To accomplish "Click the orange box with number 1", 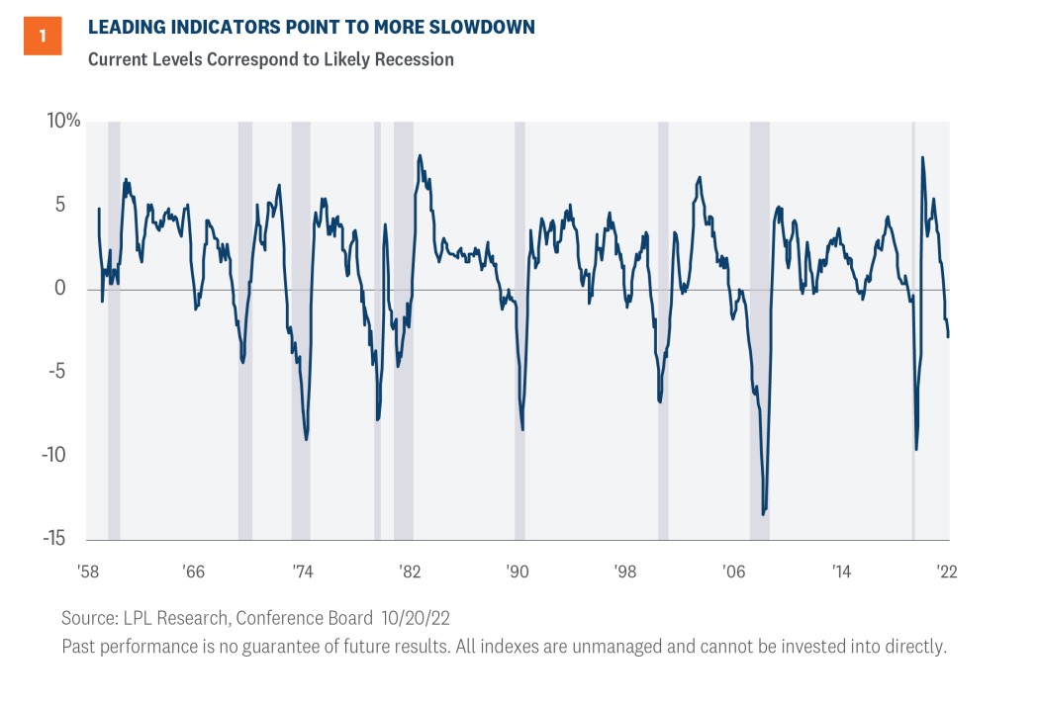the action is pyautogui.click(x=43, y=36).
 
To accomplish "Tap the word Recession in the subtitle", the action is pyautogui.click(x=415, y=59).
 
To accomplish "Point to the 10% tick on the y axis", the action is pyautogui.click(x=63, y=121).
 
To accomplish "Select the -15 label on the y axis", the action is pyautogui.click(x=54, y=538).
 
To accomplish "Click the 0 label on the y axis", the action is pyautogui.click(x=60, y=288).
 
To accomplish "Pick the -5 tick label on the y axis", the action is pyautogui.click(x=57, y=371).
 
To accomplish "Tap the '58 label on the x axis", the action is pyautogui.click(x=87, y=572).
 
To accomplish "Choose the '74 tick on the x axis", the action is pyautogui.click(x=302, y=572).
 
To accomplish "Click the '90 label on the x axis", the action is pyautogui.click(x=518, y=572).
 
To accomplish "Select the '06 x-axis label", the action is pyautogui.click(x=733, y=572).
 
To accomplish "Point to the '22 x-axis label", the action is pyautogui.click(x=947, y=572).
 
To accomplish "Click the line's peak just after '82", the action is pyautogui.click(x=420, y=155).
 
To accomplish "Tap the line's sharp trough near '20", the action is pyautogui.click(x=916, y=450).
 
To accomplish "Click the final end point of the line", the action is pyautogui.click(x=948, y=337).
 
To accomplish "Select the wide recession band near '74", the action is pyautogui.click(x=301, y=330).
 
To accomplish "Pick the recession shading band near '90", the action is pyautogui.click(x=520, y=330).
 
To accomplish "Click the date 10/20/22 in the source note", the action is pyautogui.click(x=416, y=618).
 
